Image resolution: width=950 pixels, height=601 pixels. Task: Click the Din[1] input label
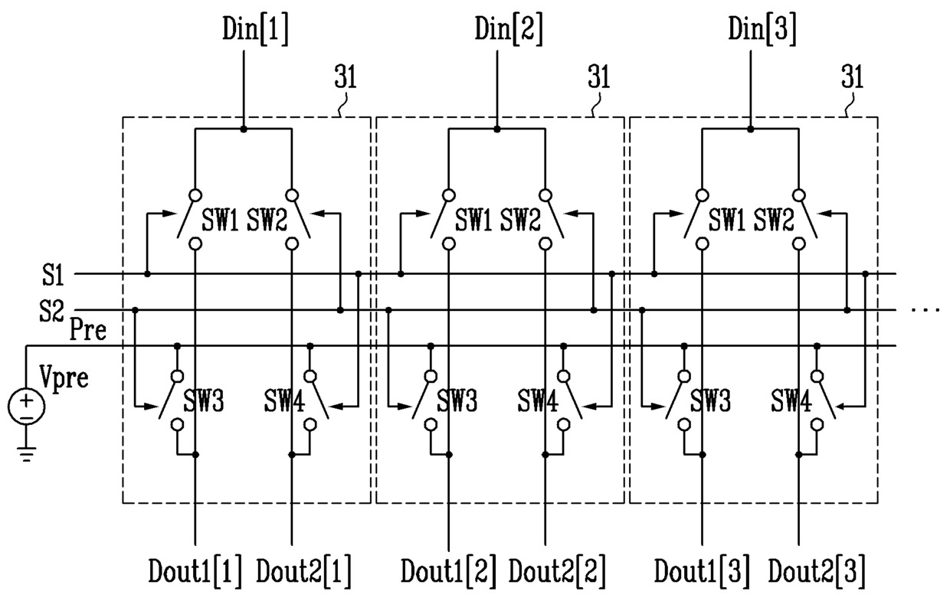pos(255,29)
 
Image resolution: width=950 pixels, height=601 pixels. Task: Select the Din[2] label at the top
pos(509,29)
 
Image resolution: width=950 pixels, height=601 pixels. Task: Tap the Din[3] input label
pos(762,29)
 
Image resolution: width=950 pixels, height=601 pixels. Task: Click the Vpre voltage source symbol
pos(26,406)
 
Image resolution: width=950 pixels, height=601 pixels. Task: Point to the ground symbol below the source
pos(26,454)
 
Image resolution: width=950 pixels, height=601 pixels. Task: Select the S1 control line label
pos(53,275)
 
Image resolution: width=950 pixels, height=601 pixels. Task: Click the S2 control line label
pos(51,311)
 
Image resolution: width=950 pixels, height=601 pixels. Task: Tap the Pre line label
pos(88,329)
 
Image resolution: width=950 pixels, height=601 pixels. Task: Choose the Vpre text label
pos(64,377)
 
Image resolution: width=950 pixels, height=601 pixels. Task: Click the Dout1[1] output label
pos(195,572)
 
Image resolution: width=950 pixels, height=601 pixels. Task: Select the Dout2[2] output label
pos(557,572)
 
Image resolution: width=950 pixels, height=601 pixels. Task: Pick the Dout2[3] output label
pos(817,572)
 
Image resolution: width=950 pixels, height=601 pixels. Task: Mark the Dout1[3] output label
pos(703,572)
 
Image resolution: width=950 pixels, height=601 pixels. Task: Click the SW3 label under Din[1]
pos(203,400)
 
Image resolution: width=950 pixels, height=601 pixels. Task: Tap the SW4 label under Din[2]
pos(537,400)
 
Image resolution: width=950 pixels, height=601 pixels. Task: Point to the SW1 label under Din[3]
pos(727,220)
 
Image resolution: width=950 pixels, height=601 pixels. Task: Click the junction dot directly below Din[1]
pos(244,129)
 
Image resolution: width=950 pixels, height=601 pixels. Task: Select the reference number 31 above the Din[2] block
pos(598,77)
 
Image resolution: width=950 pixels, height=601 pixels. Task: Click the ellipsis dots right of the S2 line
pos(925,311)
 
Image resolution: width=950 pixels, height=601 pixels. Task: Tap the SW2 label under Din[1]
pos(267,220)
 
